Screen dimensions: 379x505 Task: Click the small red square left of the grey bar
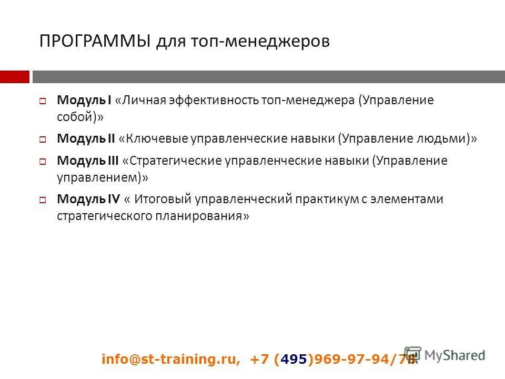tap(14, 77)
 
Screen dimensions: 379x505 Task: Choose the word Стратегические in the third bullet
tap(175, 161)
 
